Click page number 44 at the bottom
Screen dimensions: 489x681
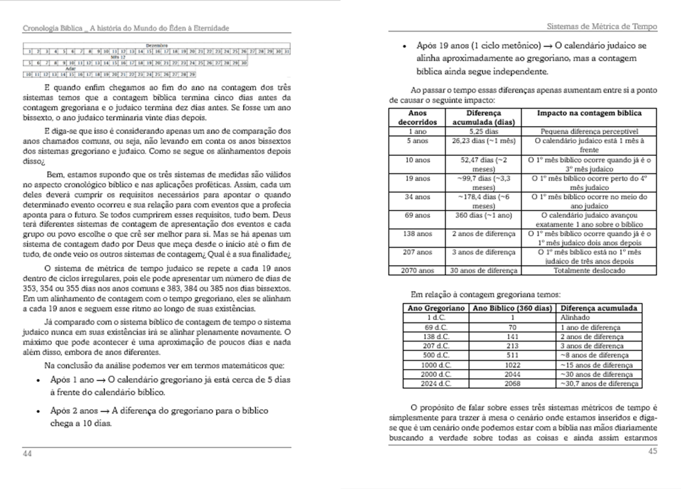click(27, 453)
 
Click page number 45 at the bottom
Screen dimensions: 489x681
click(652, 451)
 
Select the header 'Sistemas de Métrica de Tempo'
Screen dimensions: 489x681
click(602, 27)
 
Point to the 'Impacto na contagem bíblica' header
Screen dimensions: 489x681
click(589, 113)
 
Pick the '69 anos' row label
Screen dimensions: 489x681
click(417, 216)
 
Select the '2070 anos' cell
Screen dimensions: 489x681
click(417, 271)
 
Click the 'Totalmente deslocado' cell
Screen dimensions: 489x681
click(589, 271)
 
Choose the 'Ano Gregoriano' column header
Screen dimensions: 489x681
click(436, 308)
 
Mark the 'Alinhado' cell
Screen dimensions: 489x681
click(572, 317)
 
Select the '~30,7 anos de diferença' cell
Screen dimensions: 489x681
click(599, 384)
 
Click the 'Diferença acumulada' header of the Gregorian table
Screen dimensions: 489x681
click(599, 308)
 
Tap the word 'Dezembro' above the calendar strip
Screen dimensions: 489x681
click(156, 45)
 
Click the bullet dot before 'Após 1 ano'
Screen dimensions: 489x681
click(37, 381)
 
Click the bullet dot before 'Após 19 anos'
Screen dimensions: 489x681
click(405, 46)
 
